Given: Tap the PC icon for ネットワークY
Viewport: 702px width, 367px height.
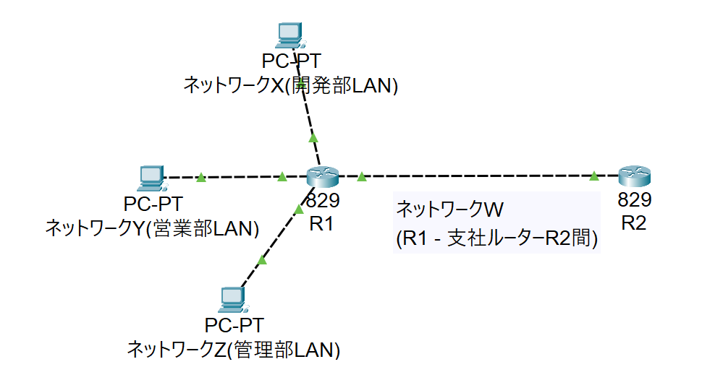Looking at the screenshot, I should (151, 178).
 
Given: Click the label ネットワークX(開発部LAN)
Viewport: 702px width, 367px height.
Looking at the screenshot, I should (291, 86).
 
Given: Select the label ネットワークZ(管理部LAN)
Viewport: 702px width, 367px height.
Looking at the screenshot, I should (233, 350).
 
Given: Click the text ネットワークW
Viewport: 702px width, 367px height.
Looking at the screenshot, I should (449, 210).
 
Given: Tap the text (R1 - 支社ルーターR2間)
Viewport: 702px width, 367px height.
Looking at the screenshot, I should (496, 239).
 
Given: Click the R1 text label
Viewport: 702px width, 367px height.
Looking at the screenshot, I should (321, 224).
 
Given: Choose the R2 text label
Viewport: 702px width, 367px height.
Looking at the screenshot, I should (633, 223).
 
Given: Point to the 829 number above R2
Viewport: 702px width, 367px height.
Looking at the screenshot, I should (635, 200).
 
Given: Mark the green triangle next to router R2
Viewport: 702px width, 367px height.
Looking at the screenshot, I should (593, 176).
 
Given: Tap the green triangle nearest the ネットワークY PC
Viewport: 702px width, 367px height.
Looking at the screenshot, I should (201, 176).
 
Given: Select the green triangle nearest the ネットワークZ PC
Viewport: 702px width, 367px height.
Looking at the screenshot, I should (262, 259).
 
